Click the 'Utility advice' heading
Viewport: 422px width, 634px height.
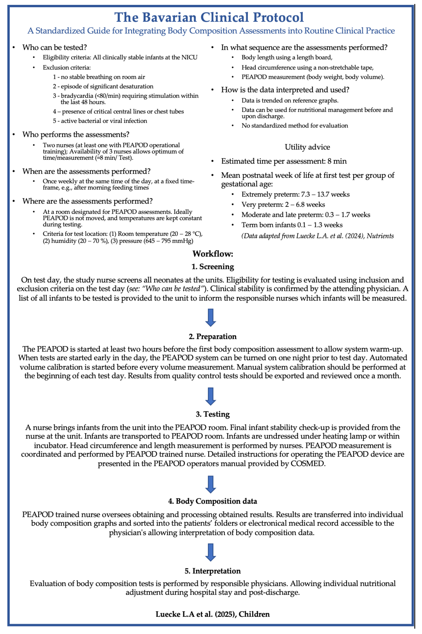(x=307, y=147)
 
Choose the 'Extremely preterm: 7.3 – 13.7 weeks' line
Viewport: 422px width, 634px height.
(x=295, y=194)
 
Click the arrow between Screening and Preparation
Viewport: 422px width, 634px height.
(x=211, y=318)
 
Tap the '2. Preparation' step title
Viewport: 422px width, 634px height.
(x=213, y=337)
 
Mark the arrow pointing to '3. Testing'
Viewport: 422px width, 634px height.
(x=211, y=396)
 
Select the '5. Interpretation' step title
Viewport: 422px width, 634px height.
(x=213, y=571)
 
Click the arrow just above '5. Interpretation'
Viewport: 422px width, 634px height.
(x=211, y=552)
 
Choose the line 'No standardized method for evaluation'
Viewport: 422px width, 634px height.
(x=294, y=126)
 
